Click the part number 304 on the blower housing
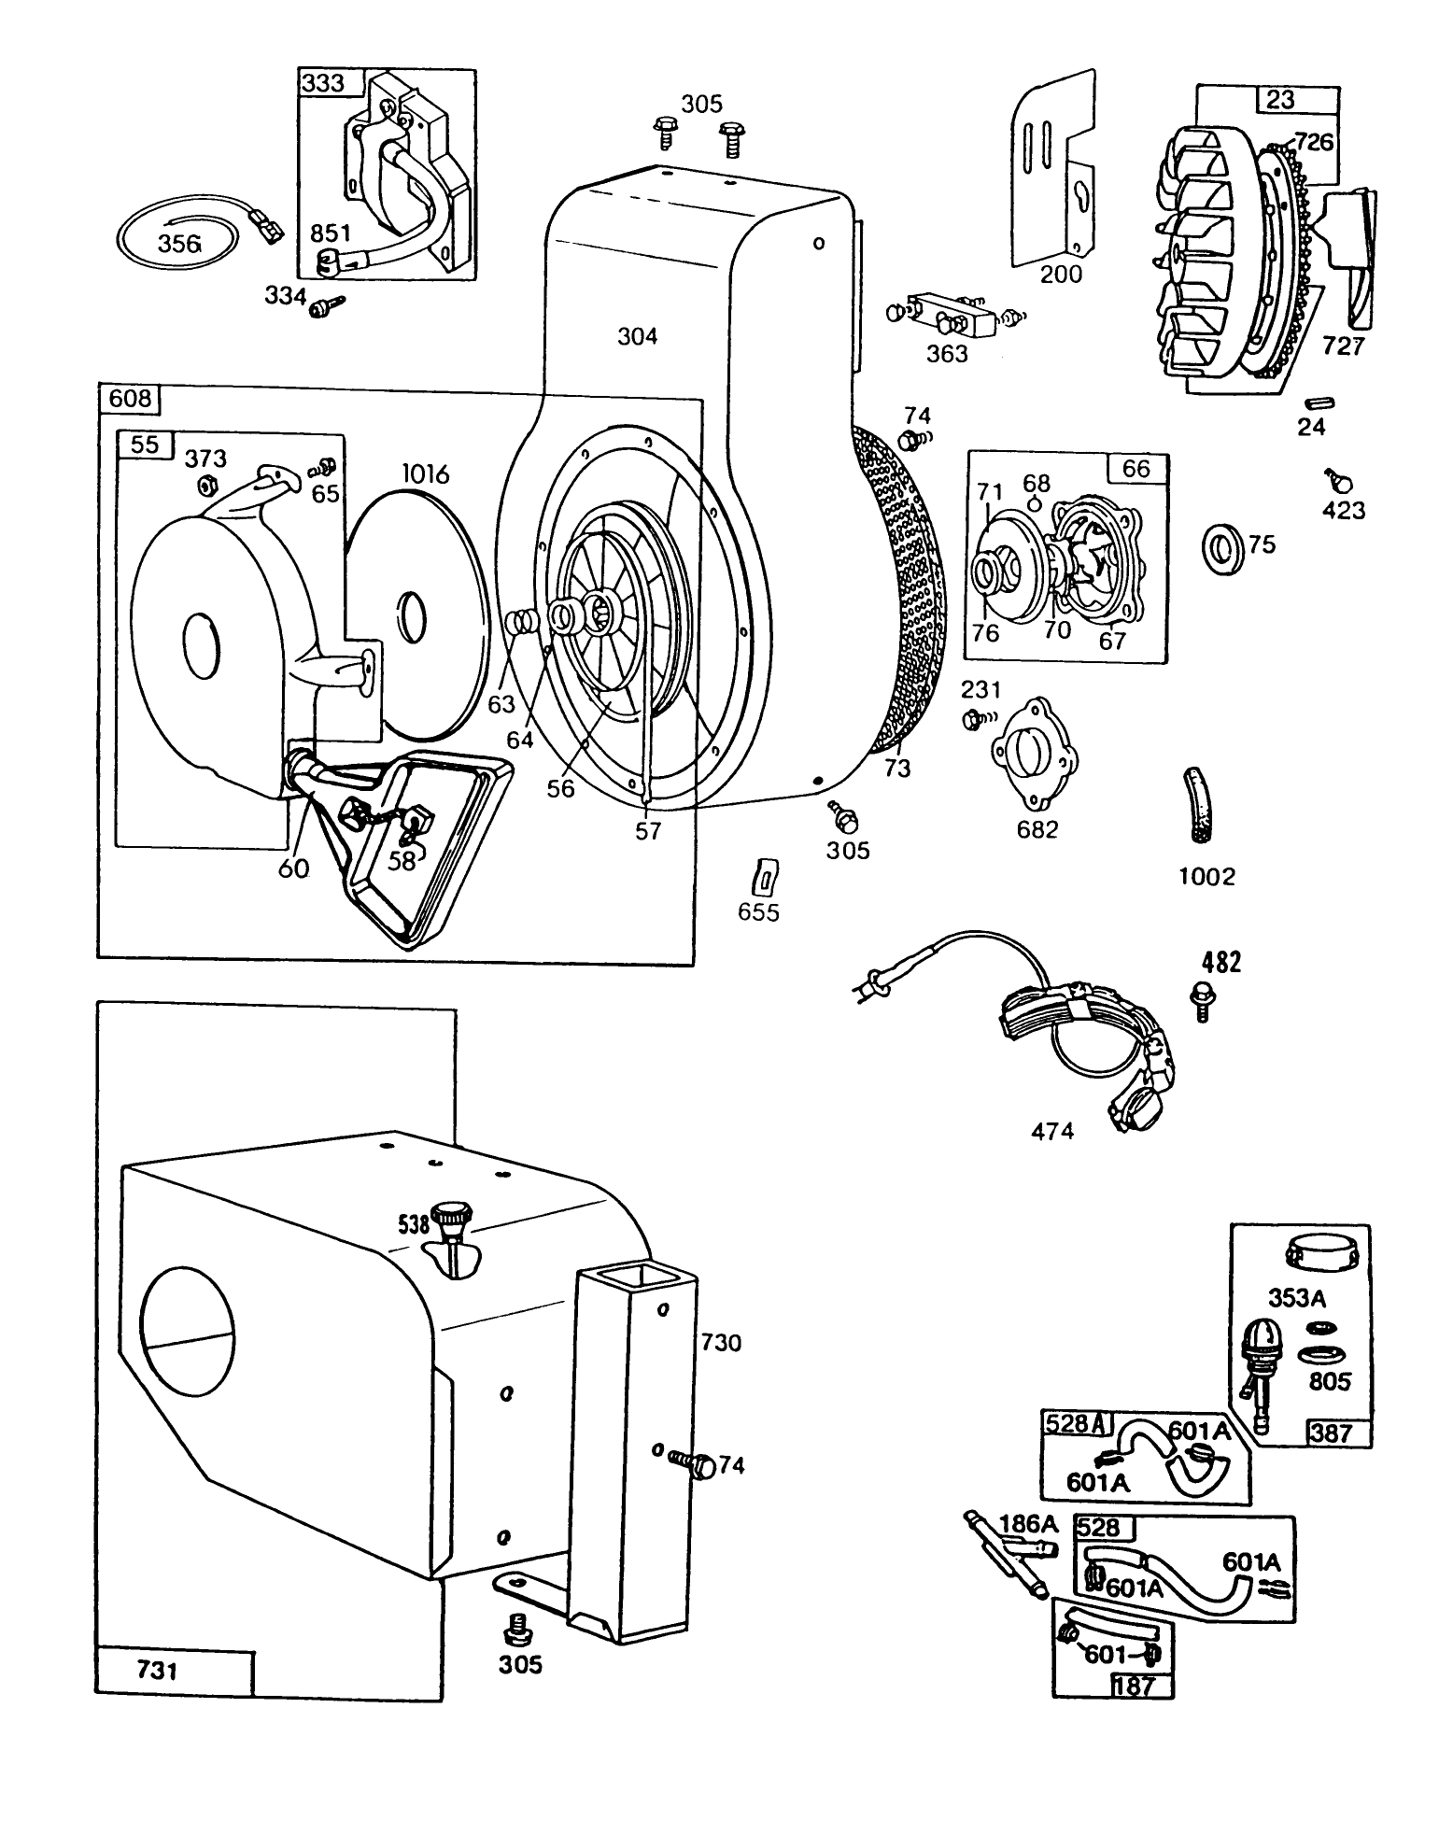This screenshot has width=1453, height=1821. [x=637, y=336]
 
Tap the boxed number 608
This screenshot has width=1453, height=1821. [x=130, y=400]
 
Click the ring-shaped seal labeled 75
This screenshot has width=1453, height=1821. [x=1220, y=548]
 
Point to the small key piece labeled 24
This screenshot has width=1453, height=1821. [x=1320, y=403]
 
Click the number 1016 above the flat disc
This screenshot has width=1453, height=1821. [x=425, y=474]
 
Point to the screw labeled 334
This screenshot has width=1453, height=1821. [x=327, y=303]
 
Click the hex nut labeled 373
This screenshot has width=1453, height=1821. [x=205, y=485]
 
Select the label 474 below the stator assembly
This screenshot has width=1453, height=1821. [x=1051, y=1132]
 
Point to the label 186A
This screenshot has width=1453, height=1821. [x=1028, y=1523]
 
